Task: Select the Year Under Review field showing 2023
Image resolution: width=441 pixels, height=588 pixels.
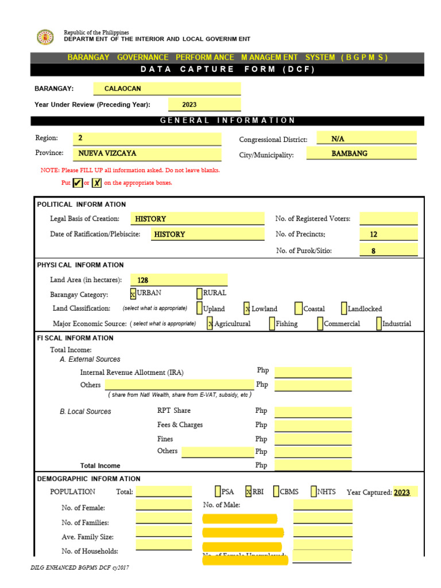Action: point(204,105)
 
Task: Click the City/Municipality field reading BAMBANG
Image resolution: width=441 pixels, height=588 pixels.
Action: point(361,153)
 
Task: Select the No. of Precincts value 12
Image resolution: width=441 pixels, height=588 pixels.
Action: point(389,234)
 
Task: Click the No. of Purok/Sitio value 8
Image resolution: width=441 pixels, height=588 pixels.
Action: point(389,250)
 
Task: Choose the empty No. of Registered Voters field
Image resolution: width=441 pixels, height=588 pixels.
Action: point(389,219)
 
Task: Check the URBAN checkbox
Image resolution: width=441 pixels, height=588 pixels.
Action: point(133,293)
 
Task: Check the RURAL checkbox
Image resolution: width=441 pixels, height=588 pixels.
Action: point(199,293)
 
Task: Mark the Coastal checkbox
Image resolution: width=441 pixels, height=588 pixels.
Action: point(299,308)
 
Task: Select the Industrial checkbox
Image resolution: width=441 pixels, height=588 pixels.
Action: point(379,323)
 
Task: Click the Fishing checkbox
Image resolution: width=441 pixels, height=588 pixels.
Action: point(272,323)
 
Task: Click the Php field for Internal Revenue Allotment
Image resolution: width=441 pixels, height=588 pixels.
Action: point(313,372)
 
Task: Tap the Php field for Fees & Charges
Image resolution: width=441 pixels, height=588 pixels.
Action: point(313,425)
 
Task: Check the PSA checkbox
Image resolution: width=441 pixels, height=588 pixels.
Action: point(218,492)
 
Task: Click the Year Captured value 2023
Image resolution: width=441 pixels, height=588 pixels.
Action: point(402,492)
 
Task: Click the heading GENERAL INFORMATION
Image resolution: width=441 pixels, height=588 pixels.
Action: point(227,121)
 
